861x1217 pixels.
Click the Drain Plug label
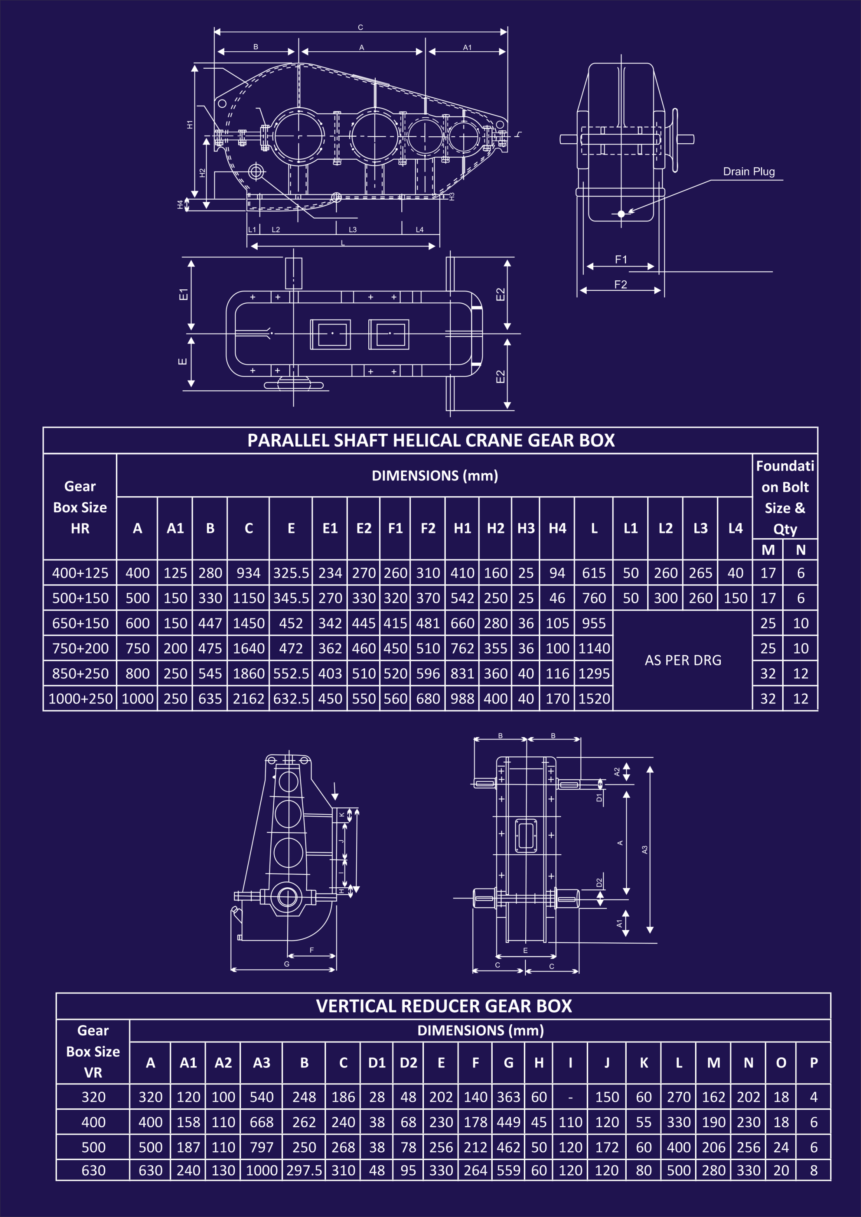749,172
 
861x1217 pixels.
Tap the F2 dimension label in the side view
620,285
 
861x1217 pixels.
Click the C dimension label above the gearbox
360,28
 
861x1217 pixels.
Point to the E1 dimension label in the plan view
183,294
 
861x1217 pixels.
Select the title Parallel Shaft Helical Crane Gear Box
431,440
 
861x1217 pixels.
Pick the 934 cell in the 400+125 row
248,573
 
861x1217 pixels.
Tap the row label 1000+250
80,699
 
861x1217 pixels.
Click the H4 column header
557,528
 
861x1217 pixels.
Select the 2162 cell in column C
248,699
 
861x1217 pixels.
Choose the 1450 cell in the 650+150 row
248,623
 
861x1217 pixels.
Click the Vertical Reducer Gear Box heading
443,1006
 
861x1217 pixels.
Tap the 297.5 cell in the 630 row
304,1170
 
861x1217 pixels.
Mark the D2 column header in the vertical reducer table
408,1063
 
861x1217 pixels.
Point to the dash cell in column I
570,1097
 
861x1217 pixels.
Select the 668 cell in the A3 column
261,1122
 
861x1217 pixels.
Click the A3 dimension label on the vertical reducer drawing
645,850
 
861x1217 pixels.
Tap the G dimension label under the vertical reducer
286,964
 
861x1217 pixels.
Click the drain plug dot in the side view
621,214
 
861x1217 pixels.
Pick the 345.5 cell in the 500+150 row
291,598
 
